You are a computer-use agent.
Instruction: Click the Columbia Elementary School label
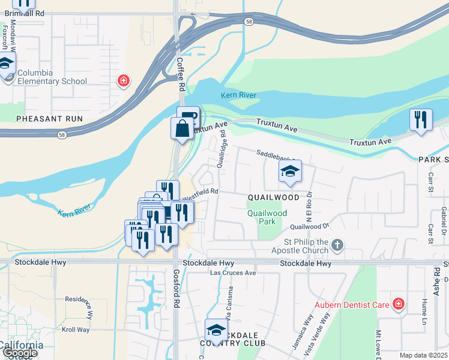pyautogui.click(x=52, y=77)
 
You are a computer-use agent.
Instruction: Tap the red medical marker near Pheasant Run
pyautogui.click(x=124, y=80)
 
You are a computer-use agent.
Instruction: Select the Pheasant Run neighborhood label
pyautogui.click(x=49, y=119)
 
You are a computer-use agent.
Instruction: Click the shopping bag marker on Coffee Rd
pyautogui.click(x=182, y=129)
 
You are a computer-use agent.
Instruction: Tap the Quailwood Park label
pyautogui.click(x=267, y=217)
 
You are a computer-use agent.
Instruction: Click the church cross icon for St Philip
pyautogui.click(x=338, y=245)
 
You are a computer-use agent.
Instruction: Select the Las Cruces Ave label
pyautogui.click(x=233, y=273)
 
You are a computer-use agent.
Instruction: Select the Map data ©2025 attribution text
pyautogui.click(x=424, y=355)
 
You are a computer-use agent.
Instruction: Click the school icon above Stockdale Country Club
pyautogui.click(x=216, y=329)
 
